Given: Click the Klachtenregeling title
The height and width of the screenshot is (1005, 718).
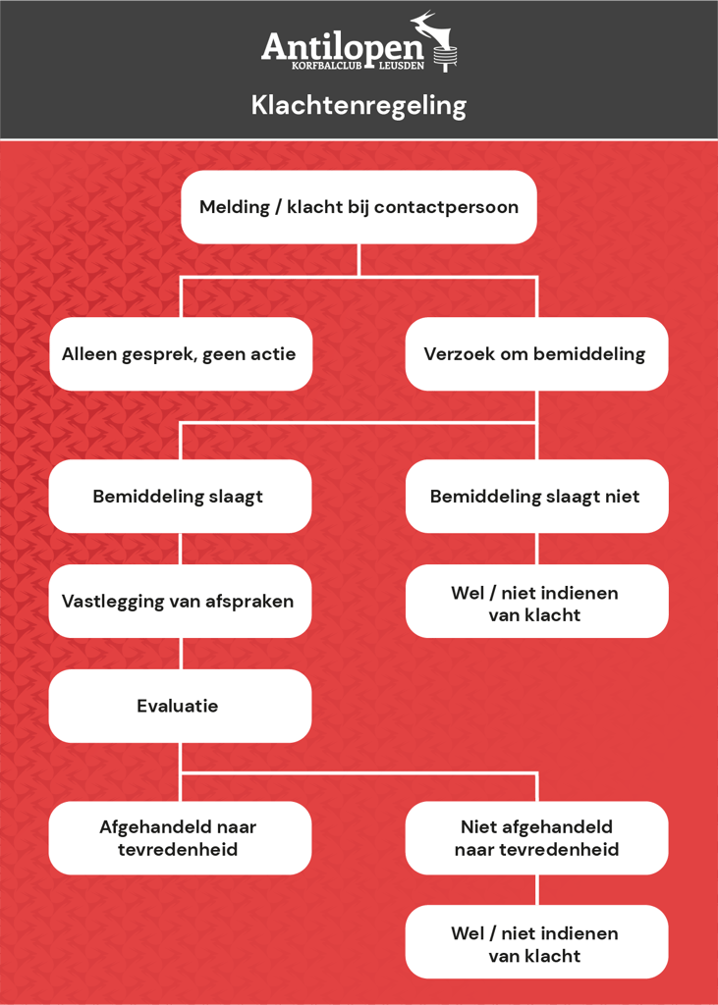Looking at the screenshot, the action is tap(359, 106).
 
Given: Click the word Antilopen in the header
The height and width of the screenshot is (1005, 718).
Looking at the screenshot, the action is tap(343, 47).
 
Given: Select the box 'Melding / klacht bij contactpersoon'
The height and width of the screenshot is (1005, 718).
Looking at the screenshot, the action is tap(359, 207).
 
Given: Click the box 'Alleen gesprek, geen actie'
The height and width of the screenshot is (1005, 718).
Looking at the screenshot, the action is tap(181, 353).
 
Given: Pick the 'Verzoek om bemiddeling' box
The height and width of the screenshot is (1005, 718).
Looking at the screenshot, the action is tap(536, 353).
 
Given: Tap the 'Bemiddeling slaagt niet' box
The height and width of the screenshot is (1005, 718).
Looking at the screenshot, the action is tap(536, 496).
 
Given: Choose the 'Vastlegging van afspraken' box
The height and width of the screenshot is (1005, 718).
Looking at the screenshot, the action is tap(181, 602).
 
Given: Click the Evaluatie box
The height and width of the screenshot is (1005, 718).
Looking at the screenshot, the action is tap(181, 706).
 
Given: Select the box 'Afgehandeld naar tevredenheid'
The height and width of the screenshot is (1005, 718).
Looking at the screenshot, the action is tap(181, 838).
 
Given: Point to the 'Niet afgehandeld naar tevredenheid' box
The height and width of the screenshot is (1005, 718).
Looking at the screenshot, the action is tap(536, 838).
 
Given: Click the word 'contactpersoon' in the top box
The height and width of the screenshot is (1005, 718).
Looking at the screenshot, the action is tap(447, 208).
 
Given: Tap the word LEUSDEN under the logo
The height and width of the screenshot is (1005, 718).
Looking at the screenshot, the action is tap(401, 66).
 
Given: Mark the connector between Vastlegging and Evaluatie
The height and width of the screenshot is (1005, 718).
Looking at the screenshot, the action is tap(181, 653).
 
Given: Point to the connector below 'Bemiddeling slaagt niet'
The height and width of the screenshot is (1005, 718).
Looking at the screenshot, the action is tap(536, 549).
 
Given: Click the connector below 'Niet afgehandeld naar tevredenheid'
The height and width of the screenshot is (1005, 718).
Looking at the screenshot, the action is tap(536, 889).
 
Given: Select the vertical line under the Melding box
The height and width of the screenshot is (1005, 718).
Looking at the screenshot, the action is tap(359, 259).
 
